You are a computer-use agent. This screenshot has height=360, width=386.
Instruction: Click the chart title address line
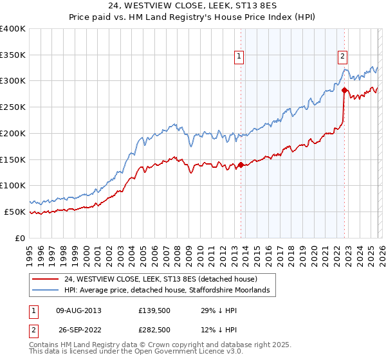click(x=192, y=6)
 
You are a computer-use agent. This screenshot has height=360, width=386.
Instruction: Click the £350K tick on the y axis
click(x=13, y=55)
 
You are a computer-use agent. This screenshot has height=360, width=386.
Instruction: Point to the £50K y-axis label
click(x=15, y=212)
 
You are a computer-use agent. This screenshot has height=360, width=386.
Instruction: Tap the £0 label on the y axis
click(x=21, y=238)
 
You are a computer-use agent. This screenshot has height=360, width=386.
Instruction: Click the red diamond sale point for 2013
click(x=241, y=165)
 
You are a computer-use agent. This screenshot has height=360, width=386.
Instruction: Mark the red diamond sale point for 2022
click(x=344, y=90)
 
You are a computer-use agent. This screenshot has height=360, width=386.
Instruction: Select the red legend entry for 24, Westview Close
click(x=161, y=279)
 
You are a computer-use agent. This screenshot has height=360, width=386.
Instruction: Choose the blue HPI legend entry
click(x=169, y=291)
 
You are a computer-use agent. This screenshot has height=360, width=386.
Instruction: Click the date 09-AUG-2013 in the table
click(x=78, y=310)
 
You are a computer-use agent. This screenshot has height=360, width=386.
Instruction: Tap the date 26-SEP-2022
click(x=78, y=330)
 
